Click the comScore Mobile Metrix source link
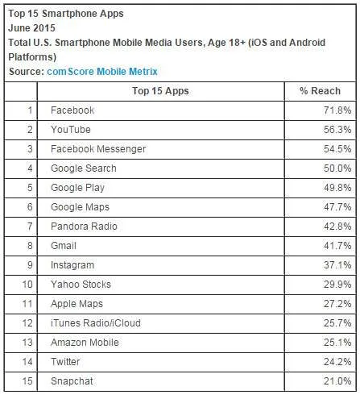pos(102,72)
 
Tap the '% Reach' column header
pos(320,91)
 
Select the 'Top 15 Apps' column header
pos(160,91)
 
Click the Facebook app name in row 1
pos(72,110)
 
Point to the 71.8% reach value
pos(337,110)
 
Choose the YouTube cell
pos(71,130)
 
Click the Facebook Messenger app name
pos(98,149)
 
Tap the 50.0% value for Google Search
pos(337,168)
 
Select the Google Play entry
pos(77,188)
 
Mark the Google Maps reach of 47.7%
pos(337,207)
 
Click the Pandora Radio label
pos(84,227)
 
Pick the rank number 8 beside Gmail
pos(30,246)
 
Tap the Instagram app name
pos(72,265)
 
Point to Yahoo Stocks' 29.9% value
pos(337,285)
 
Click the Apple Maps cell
pos(77,304)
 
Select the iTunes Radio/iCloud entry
pos(96,323)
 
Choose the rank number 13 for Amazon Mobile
pos(27,343)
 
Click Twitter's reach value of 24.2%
pos(337,362)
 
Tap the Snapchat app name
pos(72,381)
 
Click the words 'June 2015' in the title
pos(31,28)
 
